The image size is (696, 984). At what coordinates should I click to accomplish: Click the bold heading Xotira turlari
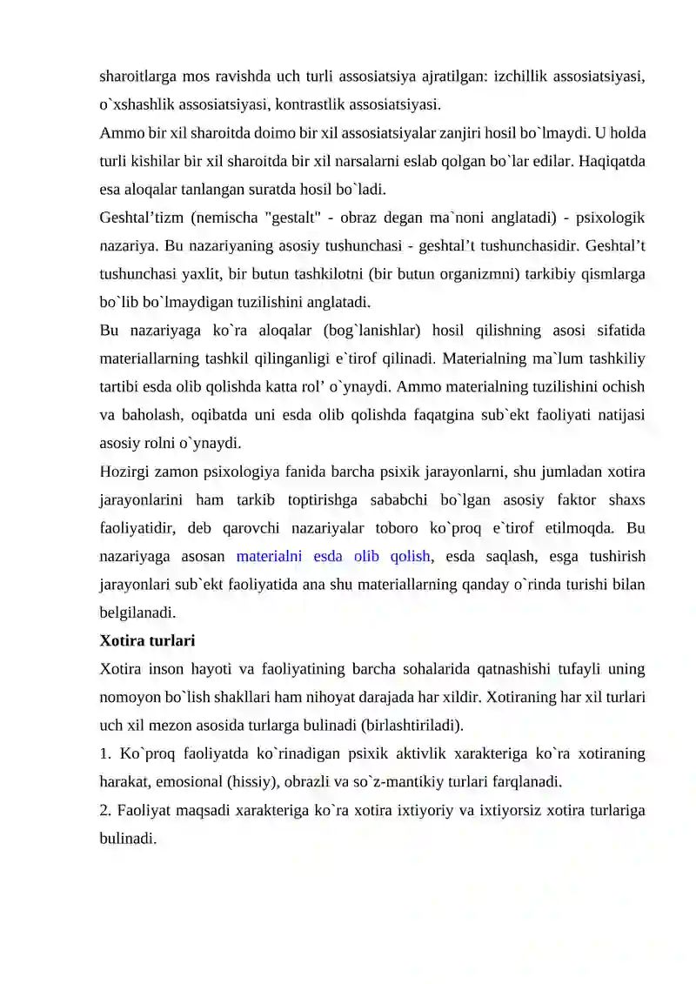coord(147,641)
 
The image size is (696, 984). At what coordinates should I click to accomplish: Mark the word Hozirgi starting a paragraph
coord(129,472)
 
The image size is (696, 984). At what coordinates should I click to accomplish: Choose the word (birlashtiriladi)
coord(410,725)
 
